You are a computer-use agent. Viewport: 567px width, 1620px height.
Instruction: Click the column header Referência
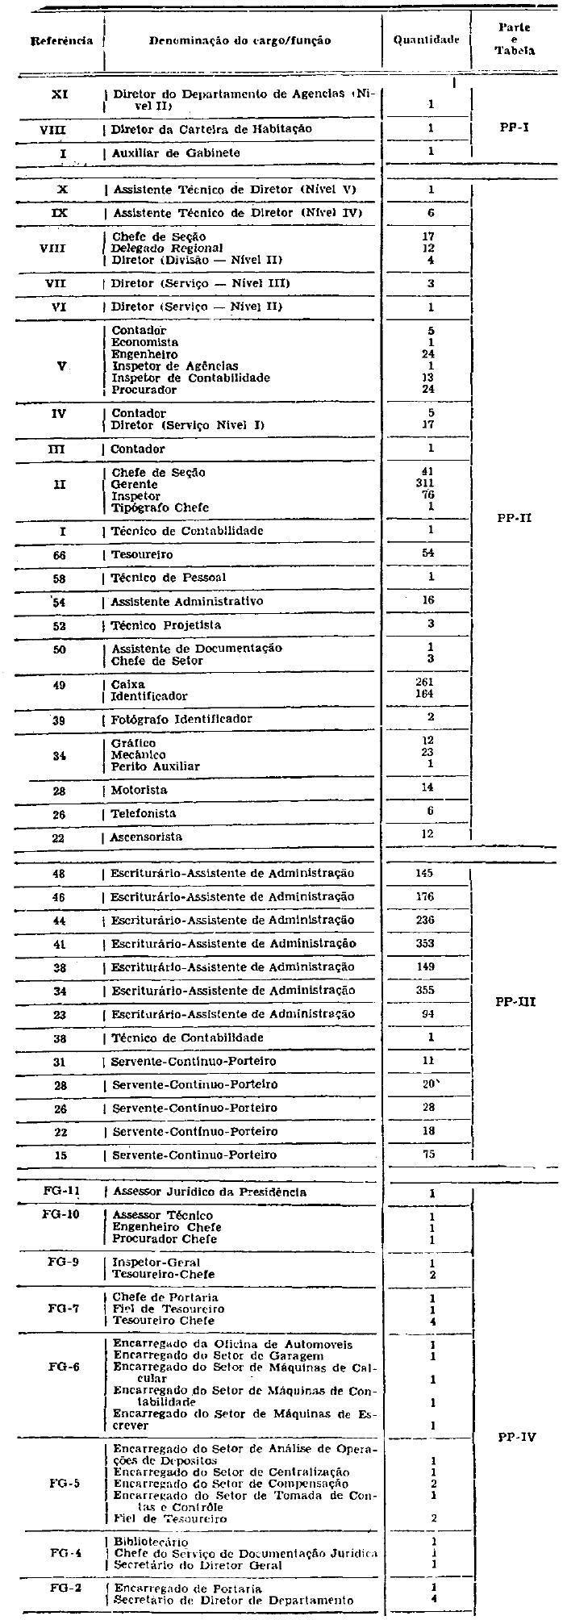[61, 40]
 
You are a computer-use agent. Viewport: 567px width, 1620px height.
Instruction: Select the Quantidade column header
[426, 40]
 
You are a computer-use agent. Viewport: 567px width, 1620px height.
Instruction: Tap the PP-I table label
[515, 127]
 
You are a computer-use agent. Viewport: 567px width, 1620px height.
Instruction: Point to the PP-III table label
[514, 1002]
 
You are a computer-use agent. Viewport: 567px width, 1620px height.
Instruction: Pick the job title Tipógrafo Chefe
[160, 507]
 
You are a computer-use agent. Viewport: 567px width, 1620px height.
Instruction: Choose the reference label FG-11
[61, 1192]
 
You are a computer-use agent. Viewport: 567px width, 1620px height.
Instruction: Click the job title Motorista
[139, 790]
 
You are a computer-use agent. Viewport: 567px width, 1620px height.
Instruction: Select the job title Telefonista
[143, 813]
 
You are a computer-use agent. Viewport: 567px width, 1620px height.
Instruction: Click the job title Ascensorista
[146, 837]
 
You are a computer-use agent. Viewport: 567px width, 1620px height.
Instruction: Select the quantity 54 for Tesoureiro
[429, 554]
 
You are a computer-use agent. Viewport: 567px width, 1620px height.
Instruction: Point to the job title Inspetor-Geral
[156, 1262]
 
